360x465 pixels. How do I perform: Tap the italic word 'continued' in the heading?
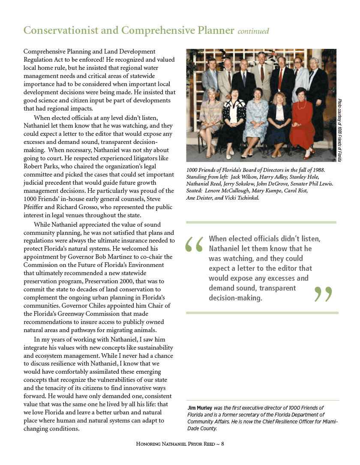(x=253, y=31)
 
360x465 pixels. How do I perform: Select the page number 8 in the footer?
(x=222, y=444)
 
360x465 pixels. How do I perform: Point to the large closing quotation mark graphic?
(x=323, y=294)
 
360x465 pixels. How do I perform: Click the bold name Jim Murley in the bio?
(x=201, y=408)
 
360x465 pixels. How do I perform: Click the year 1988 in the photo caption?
(x=318, y=171)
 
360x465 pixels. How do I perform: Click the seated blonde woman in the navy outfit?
(x=279, y=121)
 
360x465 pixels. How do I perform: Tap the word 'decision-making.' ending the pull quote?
(x=235, y=297)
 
